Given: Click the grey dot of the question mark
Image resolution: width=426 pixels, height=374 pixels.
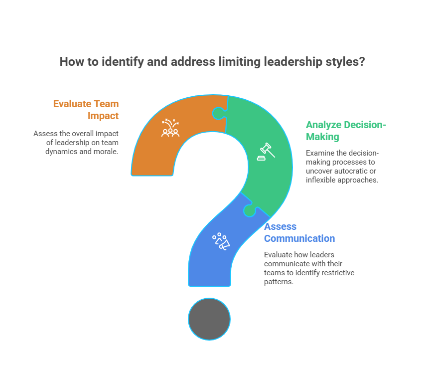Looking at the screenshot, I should click(x=209, y=319).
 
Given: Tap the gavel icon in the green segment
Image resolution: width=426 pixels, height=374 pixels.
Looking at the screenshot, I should click(x=266, y=151).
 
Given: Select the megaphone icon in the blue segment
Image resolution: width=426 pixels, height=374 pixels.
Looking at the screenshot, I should click(x=221, y=241).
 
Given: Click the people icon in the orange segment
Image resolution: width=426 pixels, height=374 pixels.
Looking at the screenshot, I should click(x=170, y=129).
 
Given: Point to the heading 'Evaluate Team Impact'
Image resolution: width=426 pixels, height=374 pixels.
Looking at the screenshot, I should click(x=86, y=110).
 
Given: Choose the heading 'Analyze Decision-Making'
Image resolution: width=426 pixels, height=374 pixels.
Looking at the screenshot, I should click(x=346, y=131).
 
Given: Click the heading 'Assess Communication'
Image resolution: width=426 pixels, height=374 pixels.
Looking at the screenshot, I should click(x=299, y=233).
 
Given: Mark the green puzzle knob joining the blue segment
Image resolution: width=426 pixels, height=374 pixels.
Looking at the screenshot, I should click(x=249, y=211).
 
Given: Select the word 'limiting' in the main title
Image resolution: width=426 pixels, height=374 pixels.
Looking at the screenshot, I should click(x=243, y=62).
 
